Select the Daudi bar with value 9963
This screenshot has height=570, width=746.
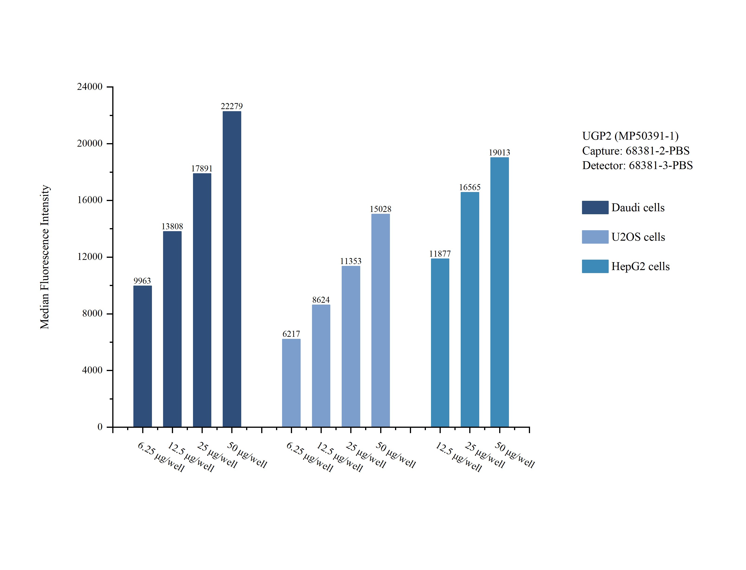tap(142, 356)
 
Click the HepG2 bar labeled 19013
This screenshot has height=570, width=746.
tap(499, 292)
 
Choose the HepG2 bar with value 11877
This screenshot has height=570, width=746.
tap(440, 343)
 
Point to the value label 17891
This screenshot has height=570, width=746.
tap(202, 169)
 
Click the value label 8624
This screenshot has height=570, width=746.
tap(321, 300)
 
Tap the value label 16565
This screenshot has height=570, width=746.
tap(470, 187)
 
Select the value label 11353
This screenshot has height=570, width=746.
tap(350, 261)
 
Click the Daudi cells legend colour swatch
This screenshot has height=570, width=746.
tap(595, 208)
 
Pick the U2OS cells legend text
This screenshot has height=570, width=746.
tap(638, 237)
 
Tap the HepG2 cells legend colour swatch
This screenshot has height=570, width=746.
tap(595, 266)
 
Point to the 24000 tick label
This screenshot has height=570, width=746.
tap(90, 87)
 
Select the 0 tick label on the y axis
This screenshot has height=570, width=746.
tap(100, 427)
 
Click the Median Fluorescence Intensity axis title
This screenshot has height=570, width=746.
tap(45, 257)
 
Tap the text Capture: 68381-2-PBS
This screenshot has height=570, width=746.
tap(636, 151)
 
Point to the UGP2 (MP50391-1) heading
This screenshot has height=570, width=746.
tap(630, 136)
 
